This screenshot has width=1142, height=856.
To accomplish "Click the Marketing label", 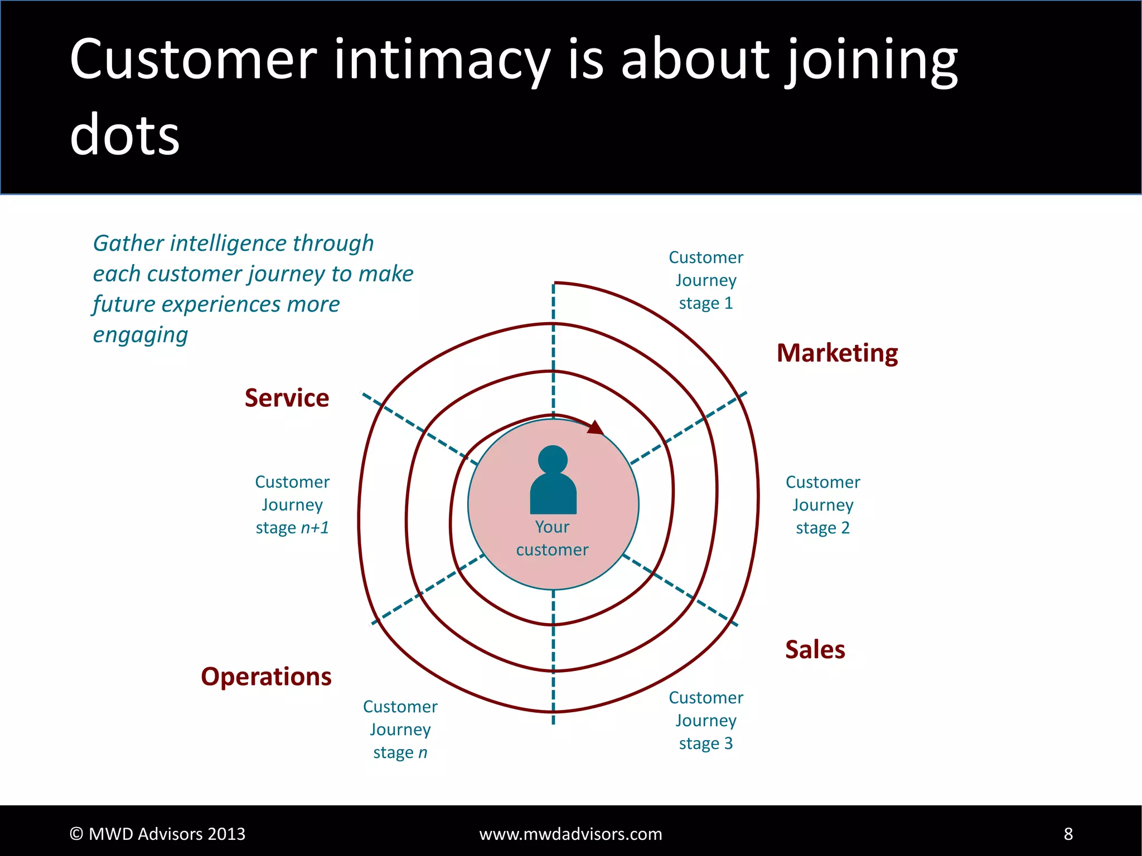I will pyautogui.click(x=837, y=353).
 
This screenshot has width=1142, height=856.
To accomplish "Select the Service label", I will pyautogui.click(x=287, y=398).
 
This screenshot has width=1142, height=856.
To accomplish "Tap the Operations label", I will pyautogui.click(x=266, y=677).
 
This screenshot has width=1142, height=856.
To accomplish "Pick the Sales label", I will pyautogui.click(x=815, y=650).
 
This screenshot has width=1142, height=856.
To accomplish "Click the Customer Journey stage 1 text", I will pyautogui.click(x=705, y=280).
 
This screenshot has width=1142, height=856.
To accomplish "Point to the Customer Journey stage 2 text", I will pyautogui.click(x=822, y=505).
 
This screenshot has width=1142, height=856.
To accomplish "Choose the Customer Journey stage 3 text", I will pyautogui.click(x=705, y=721).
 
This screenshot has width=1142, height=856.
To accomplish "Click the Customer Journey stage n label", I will pyautogui.click(x=400, y=729).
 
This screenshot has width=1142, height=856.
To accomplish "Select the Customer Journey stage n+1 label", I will pyautogui.click(x=292, y=505).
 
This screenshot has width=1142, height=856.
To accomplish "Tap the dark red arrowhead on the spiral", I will pyautogui.click(x=596, y=428).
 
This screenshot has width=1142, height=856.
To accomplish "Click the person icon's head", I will pyautogui.click(x=553, y=460).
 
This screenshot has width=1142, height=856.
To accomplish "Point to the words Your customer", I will pyautogui.click(x=552, y=538).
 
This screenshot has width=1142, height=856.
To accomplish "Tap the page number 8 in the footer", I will pyautogui.click(x=1068, y=834).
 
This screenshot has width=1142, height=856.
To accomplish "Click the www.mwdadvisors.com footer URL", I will pyautogui.click(x=570, y=834).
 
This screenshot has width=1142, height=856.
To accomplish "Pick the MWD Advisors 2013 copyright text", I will pyautogui.click(x=157, y=834).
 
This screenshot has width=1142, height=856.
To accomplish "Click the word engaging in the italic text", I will pyautogui.click(x=141, y=335).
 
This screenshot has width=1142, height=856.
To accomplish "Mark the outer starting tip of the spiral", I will pyautogui.click(x=555, y=283).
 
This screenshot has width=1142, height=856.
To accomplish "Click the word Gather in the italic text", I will pyautogui.click(x=128, y=244).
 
